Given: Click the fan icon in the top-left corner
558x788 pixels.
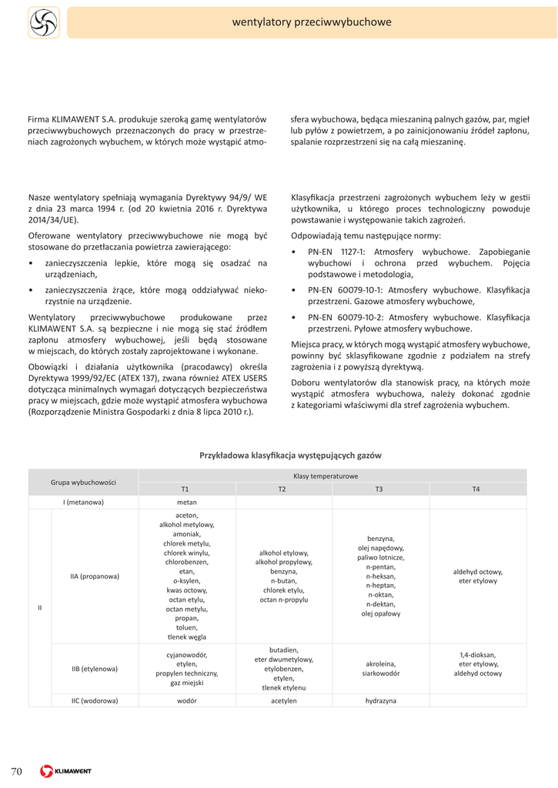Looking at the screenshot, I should [44, 22].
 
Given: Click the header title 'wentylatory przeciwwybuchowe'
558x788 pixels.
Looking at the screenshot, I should [312, 22].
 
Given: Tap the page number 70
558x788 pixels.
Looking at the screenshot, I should [17, 771].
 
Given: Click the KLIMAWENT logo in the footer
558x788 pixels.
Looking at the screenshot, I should [66, 771].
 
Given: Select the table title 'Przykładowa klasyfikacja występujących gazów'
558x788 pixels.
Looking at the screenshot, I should [290, 456].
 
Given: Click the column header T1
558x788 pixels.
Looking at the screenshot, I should [186, 489].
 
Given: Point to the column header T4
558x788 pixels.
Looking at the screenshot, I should [477, 489].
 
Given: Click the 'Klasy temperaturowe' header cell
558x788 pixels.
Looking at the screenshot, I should [331, 476].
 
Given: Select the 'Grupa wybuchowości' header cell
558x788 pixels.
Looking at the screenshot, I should [83, 482].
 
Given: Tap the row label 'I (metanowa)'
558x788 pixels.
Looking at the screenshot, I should [83, 503].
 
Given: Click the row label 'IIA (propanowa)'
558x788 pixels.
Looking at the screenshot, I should [95, 576].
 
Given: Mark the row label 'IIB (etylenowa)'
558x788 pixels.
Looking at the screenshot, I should [95, 669].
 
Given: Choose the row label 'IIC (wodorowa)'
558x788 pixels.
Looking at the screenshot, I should [95, 701].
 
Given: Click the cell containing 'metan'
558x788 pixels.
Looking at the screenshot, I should [186, 503].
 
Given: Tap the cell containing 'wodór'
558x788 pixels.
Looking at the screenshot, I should [186, 701].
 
